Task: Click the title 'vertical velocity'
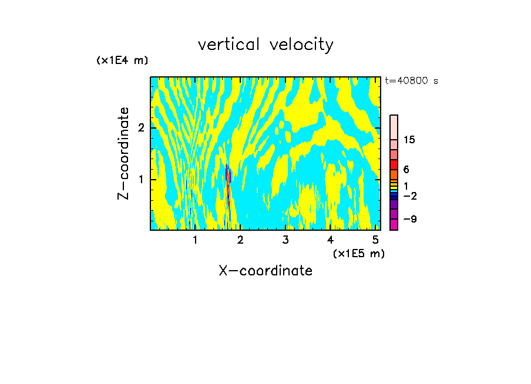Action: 265,45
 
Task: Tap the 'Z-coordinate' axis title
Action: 123,153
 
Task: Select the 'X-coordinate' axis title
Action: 265,271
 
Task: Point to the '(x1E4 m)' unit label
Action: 122,60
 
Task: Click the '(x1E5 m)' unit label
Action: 358,253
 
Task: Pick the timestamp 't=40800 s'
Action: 411,81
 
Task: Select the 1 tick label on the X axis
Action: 195,240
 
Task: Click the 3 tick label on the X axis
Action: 285,240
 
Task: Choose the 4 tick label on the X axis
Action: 331,240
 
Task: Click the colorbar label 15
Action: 409,140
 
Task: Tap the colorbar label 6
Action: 406,170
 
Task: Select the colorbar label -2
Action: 409,196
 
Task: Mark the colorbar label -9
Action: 409,220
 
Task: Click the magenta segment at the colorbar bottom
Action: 394,224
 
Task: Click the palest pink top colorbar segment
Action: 394,127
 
